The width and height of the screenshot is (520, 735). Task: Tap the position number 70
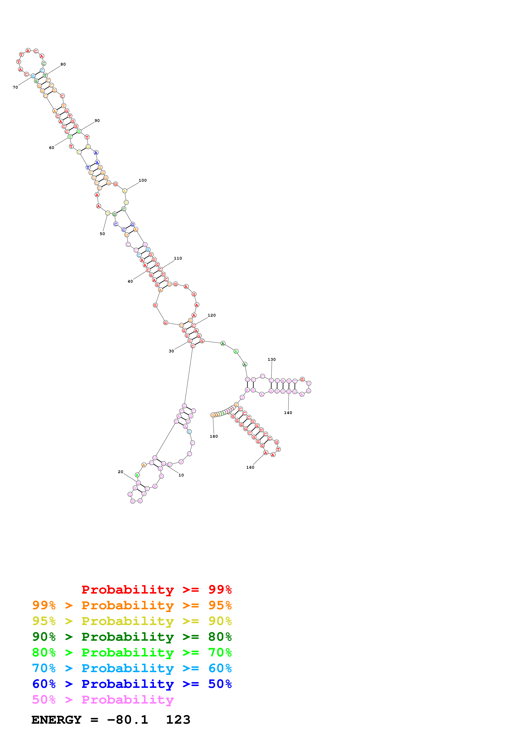pos(15,87)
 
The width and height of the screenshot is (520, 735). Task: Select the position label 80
pos(63,64)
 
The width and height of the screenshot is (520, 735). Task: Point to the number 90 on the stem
pos(97,121)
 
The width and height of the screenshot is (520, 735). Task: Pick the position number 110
pos(178,258)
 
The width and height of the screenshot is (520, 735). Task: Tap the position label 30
pos(171,351)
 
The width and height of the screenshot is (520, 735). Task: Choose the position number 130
pos(272,360)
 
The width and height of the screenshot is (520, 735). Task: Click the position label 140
pos(288,413)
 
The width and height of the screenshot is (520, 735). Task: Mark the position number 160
pos(250,467)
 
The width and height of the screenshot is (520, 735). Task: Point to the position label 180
pos(214,436)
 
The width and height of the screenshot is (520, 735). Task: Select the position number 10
pos(181,475)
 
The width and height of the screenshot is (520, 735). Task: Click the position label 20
pos(120,472)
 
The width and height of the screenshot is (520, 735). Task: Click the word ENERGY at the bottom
pos(56,720)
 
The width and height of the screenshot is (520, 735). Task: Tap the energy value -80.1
pos(128,720)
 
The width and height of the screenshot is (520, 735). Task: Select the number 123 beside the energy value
pos(178,720)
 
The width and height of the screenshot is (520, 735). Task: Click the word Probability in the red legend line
pos(128,590)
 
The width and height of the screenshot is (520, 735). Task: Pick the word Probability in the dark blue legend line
pos(128,684)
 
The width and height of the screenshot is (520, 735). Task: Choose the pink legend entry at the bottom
pos(103,699)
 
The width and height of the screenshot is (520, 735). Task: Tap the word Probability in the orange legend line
pos(128,605)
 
